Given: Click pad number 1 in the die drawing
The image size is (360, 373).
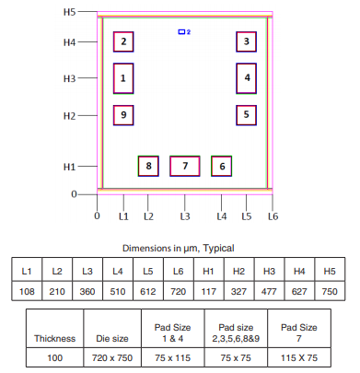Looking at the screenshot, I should tap(123, 78).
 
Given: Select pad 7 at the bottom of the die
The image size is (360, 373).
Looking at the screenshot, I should tap(185, 166).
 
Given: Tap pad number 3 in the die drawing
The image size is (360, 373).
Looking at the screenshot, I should tap(246, 41).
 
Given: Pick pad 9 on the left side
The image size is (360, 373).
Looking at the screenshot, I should tap(123, 115).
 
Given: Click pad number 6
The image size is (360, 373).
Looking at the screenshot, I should tap(221, 166).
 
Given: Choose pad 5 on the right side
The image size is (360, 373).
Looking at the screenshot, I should tap(246, 115).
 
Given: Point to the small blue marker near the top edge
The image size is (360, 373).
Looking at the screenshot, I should tap(182, 31).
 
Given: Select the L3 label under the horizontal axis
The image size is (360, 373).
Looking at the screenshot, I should tap(185, 216).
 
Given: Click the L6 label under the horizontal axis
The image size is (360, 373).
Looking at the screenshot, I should tap(273, 216).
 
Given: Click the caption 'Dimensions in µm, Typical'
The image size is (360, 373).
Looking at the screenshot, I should tap(180, 248).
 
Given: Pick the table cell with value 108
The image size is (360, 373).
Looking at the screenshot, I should tap(28, 289).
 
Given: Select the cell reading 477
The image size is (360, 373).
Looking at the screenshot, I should tap(270, 289).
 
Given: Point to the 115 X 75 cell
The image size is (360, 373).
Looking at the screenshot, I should tap(298, 357).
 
